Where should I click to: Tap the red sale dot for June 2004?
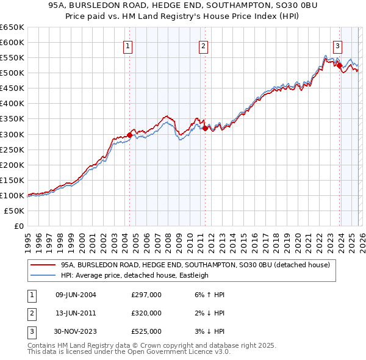[x=129, y=135]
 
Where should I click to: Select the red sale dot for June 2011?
[x=205, y=128]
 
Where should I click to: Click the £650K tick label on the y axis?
[x=12, y=27]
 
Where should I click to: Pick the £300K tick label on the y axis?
[x=12, y=134]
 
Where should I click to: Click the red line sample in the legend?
[x=43, y=265]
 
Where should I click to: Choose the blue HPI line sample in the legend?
[x=43, y=275]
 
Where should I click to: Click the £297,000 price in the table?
[x=146, y=295]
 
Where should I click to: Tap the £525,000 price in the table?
[x=146, y=331]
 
